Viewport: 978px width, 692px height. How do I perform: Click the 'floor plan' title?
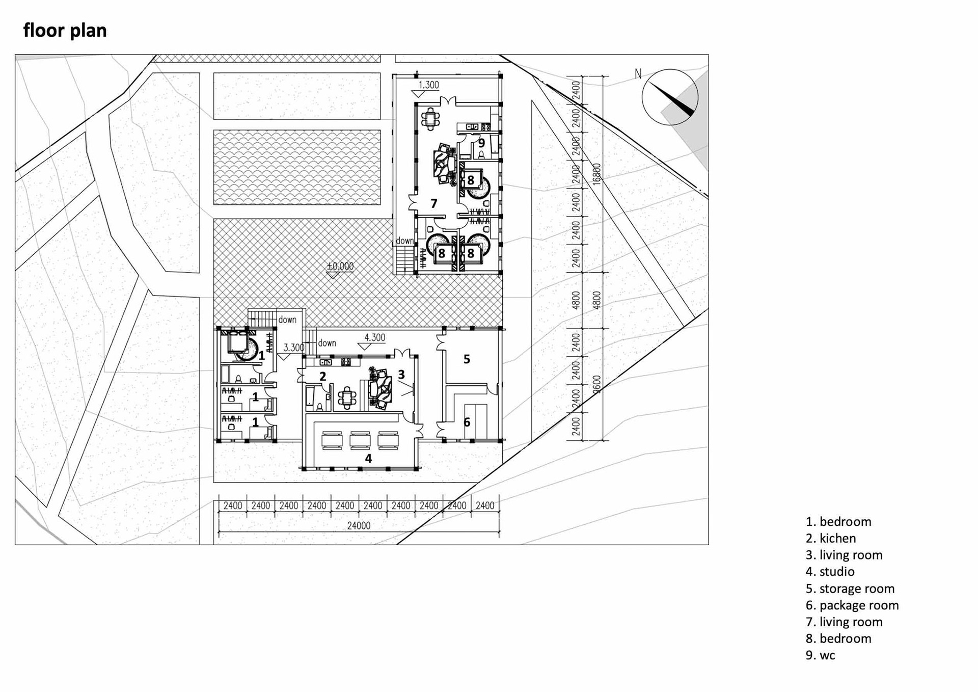(x=65, y=31)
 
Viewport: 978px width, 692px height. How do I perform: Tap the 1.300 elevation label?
(x=428, y=85)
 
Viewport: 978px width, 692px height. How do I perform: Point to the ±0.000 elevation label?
(x=340, y=266)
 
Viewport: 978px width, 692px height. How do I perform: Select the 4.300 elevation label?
(x=374, y=337)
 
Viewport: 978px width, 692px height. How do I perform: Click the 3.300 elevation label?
(x=293, y=348)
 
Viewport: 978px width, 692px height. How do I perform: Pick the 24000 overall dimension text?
(x=359, y=525)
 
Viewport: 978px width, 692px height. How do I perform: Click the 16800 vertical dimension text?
(x=597, y=174)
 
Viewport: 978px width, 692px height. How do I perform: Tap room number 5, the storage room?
(x=467, y=359)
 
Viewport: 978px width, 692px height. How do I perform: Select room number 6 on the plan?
(x=467, y=422)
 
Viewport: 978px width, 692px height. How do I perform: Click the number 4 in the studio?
(x=368, y=459)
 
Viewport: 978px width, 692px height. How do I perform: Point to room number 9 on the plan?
(x=481, y=143)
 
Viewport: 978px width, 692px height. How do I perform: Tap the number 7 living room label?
(x=434, y=204)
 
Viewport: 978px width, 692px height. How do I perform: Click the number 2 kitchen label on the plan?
(x=322, y=377)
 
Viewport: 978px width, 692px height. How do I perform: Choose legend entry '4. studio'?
(x=830, y=572)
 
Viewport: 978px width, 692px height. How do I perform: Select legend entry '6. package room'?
(x=852, y=605)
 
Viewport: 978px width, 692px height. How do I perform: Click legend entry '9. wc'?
(x=820, y=655)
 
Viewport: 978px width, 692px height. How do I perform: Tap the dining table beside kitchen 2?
(x=347, y=398)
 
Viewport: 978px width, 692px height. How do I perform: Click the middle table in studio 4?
(x=360, y=440)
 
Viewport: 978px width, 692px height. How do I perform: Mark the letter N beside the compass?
(x=638, y=74)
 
